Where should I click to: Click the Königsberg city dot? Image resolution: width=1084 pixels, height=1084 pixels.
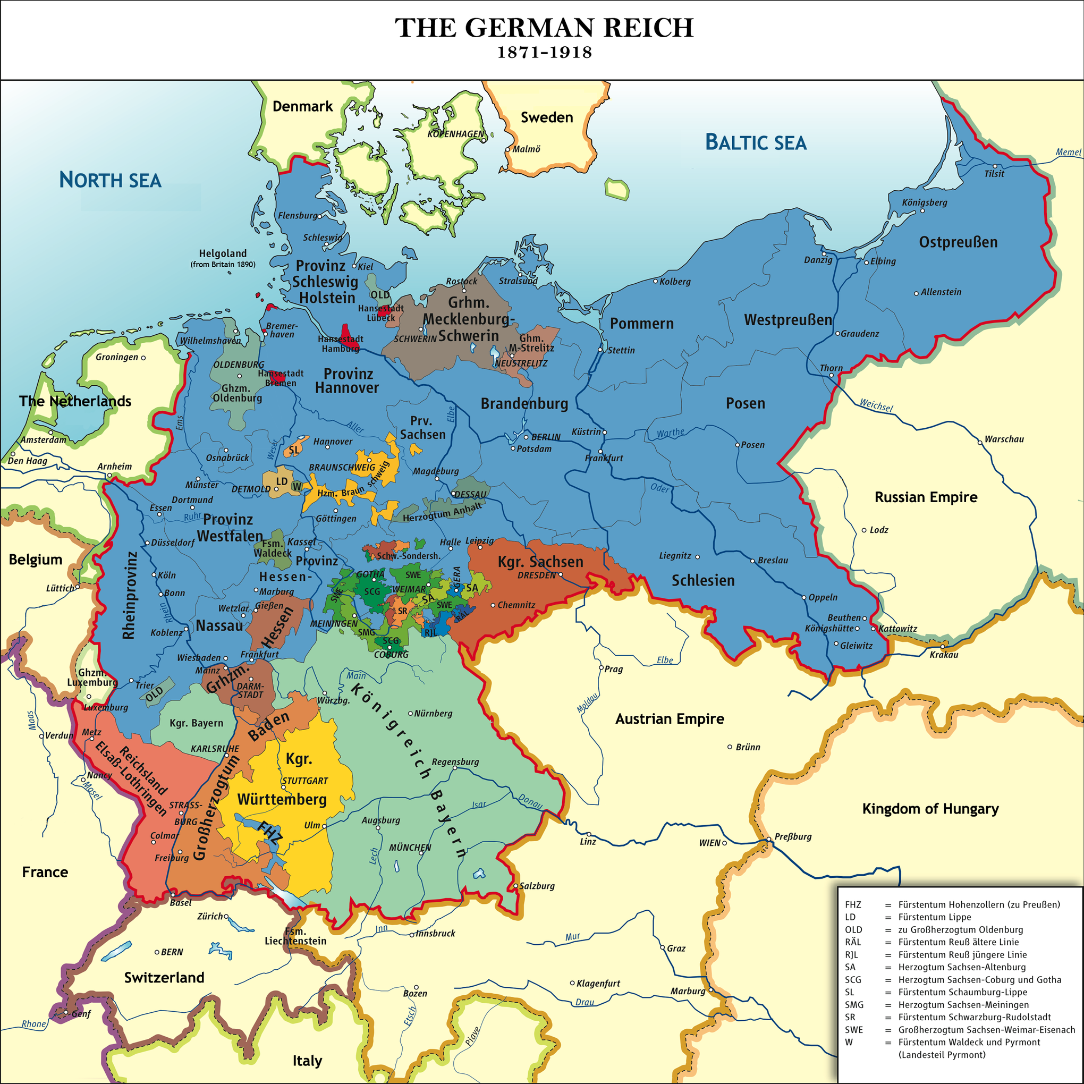coord(922,211)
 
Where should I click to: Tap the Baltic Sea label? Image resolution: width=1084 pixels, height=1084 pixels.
coord(755,142)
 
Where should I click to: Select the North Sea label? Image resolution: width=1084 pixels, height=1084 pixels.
coord(110,180)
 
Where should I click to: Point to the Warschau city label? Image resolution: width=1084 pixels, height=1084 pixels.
coord(1004,439)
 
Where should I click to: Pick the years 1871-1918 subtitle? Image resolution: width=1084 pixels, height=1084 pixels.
coord(544,53)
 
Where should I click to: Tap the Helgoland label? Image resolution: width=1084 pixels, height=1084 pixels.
coord(223,253)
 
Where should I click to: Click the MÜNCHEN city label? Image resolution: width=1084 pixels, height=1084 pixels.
coord(410,848)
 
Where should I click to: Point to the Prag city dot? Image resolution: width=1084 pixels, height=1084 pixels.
coord(601,668)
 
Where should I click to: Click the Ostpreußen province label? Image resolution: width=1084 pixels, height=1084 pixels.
coord(958,242)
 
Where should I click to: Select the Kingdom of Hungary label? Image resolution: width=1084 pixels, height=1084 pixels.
coord(930,809)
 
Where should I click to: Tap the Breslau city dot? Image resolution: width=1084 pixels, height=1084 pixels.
coord(753,561)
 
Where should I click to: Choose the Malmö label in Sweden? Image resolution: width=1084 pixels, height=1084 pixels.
coord(526,149)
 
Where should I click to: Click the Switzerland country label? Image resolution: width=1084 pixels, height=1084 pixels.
coord(164,977)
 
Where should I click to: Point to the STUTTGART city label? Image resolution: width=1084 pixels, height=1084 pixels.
coord(304,781)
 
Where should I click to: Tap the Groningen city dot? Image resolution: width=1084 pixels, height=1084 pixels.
coord(143,358)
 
